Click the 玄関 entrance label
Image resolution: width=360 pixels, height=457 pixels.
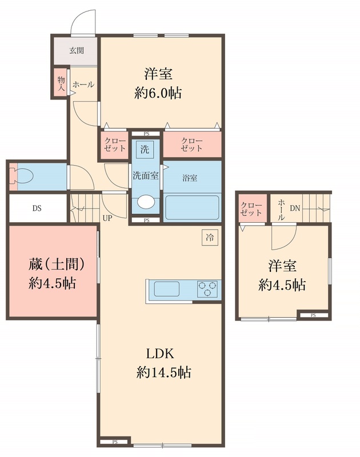click(x=77, y=50)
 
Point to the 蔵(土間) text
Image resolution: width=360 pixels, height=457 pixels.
click(x=57, y=264)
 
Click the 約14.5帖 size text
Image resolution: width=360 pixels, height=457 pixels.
click(x=163, y=373)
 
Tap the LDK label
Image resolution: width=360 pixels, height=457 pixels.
click(x=163, y=352)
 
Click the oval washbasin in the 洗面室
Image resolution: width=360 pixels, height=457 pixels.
click(x=146, y=202)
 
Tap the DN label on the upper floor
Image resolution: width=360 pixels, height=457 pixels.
click(x=294, y=209)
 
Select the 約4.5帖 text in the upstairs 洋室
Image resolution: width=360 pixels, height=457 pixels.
click(x=282, y=284)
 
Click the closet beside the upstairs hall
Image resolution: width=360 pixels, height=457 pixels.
click(x=251, y=209)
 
